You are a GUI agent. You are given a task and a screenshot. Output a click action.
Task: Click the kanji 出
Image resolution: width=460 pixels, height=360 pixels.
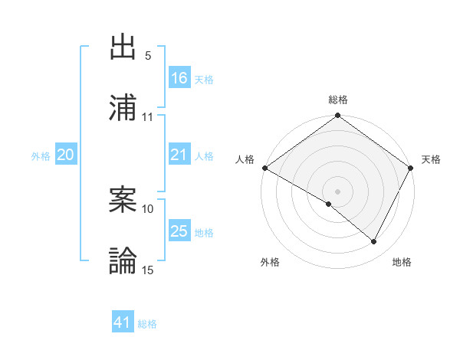point(123,47)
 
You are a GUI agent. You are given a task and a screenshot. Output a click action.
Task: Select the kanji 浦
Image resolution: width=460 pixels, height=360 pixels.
point(123,107)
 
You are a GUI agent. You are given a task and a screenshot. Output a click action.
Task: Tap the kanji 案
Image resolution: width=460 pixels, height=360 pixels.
point(123,200)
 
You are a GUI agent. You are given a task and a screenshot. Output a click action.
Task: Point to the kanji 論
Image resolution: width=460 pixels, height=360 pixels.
point(123,260)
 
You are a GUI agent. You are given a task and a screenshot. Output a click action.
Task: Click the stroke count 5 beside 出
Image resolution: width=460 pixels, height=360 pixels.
point(148,56)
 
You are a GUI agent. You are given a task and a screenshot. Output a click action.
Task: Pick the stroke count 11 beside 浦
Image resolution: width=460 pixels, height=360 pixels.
point(148,116)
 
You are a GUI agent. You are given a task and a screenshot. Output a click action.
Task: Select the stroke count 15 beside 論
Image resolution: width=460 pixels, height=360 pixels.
point(148,270)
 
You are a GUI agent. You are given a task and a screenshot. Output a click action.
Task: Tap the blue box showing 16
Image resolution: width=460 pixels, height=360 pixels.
point(179,78)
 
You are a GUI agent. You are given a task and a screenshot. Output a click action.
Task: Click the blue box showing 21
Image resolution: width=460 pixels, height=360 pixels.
point(179,155)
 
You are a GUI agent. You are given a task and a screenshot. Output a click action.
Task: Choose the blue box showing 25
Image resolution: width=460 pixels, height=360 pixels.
point(179,231)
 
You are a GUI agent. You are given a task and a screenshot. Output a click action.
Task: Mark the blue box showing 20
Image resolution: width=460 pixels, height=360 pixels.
point(65,155)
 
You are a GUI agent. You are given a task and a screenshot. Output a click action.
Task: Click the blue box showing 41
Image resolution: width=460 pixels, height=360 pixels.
point(123,322)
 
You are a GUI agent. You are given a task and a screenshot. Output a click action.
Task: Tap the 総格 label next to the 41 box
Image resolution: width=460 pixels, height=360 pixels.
point(147,324)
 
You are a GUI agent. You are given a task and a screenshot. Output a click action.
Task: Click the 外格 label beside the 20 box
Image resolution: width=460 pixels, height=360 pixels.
point(41,156)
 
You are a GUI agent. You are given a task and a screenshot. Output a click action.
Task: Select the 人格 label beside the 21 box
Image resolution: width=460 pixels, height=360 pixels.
point(204,156)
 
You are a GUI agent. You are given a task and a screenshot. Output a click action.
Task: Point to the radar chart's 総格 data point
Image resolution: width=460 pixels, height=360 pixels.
point(337,116)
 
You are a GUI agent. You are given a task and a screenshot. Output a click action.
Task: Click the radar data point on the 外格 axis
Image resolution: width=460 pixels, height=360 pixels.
point(329,204)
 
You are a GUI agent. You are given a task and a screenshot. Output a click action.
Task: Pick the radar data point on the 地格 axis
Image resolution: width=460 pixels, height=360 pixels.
point(374,241)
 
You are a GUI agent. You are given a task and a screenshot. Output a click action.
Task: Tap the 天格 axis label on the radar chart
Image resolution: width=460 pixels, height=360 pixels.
point(431,159)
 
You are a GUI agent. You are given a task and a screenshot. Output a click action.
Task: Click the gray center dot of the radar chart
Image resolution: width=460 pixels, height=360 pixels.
point(337,191)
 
